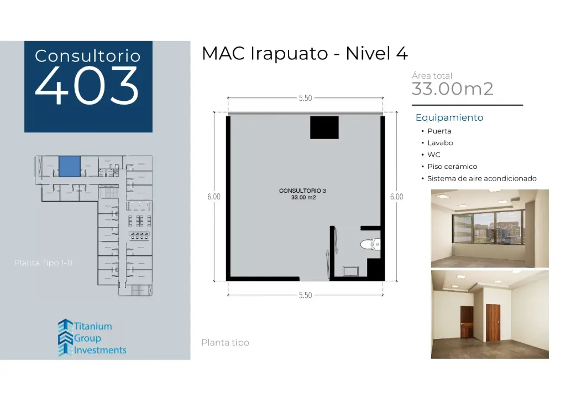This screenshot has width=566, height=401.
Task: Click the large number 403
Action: (x=87, y=86)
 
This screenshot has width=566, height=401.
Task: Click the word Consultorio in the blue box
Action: (x=87, y=56)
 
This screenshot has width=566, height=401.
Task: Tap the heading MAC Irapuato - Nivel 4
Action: (x=305, y=54)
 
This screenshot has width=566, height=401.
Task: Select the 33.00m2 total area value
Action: (x=452, y=89)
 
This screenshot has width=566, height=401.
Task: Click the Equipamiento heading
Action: (x=449, y=117)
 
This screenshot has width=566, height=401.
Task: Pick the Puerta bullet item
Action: (x=439, y=131)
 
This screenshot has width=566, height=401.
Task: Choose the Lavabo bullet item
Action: (x=440, y=143)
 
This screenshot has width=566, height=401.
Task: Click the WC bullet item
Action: (x=434, y=155)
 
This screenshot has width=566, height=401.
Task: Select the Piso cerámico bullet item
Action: (x=452, y=167)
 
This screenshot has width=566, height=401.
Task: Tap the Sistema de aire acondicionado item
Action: (x=481, y=179)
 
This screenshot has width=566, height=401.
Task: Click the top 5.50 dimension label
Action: (x=305, y=98)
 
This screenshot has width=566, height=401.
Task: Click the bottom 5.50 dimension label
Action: (x=305, y=295)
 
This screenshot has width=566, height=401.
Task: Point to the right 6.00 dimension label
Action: (x=396, y=197)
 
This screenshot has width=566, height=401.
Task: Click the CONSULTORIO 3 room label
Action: (x=302, y=191)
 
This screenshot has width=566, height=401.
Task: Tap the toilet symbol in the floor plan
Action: (x=370, y=244)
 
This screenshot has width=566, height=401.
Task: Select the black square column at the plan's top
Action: (x=324, y=127)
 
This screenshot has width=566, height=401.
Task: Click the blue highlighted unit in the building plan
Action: (x=70, y=166)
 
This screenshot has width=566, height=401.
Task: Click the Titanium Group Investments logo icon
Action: (x=65, y=337)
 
